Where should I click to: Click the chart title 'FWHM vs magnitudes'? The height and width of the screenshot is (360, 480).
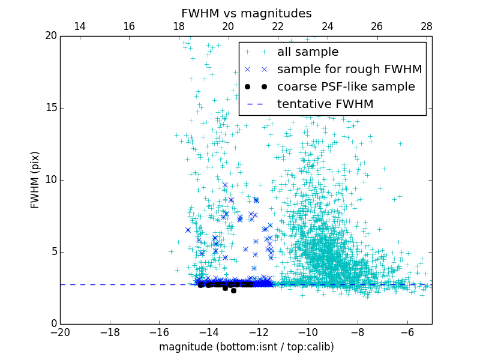click(x=246, y=13)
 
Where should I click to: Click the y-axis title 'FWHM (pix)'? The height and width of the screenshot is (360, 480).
click(x=35, y=180)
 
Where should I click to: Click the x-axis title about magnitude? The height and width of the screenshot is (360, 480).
click(x=246, y=347)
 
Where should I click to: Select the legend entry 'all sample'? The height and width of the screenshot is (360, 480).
click(x=307, y=52)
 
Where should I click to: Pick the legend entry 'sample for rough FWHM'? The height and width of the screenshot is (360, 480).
click(x=349, y=69)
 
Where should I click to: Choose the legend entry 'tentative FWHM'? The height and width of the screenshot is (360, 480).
click(x=325, y=104)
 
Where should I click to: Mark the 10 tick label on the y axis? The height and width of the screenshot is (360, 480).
click(x=50, y=180)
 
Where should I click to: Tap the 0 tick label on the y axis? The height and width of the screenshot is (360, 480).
click(x=53, y=324)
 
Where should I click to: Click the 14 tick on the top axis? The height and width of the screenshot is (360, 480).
click(x=79, y=26)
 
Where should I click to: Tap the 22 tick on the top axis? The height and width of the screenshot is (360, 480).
click(x=278, y=26)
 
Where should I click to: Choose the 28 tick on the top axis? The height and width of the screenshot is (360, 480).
click(x=427, y=26)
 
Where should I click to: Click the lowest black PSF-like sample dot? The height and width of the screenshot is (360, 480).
click(x=233, y=290)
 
